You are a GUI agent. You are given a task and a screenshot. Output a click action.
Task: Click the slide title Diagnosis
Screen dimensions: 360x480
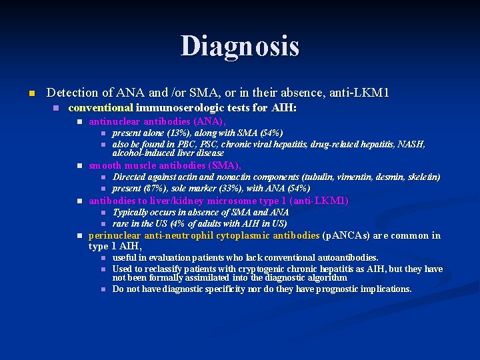click(240, 46)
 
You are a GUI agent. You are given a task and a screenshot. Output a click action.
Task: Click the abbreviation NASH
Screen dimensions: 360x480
click(411, 144)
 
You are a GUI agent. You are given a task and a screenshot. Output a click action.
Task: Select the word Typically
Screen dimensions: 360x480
click(131, 213)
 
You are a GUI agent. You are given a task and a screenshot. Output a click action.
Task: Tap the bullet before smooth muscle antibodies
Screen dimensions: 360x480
click(79, 165)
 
